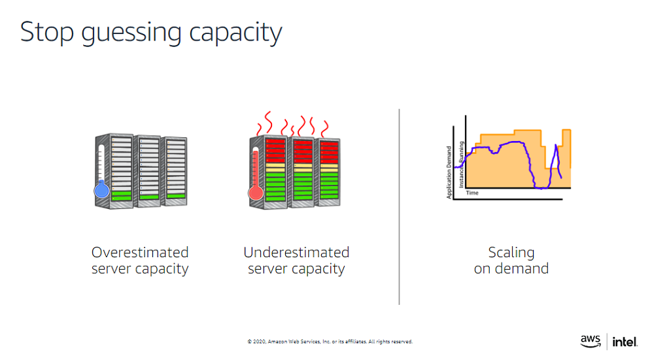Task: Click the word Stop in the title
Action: pos(47,32)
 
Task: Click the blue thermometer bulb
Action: pos(101,191)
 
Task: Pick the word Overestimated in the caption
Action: pos(140,253)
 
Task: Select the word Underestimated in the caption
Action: pos(296,253)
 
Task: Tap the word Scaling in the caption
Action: pos(511,253)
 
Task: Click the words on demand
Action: pos(511,268)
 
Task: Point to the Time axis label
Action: pos(472,193)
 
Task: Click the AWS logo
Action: pos(591,341)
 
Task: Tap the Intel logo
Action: pos(625,341)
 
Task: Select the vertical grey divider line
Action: pos(399,206)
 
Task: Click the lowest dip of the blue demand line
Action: pos(541,187)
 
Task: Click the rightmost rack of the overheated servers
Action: pos(328,172)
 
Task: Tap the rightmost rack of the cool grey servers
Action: pos(174,171)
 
